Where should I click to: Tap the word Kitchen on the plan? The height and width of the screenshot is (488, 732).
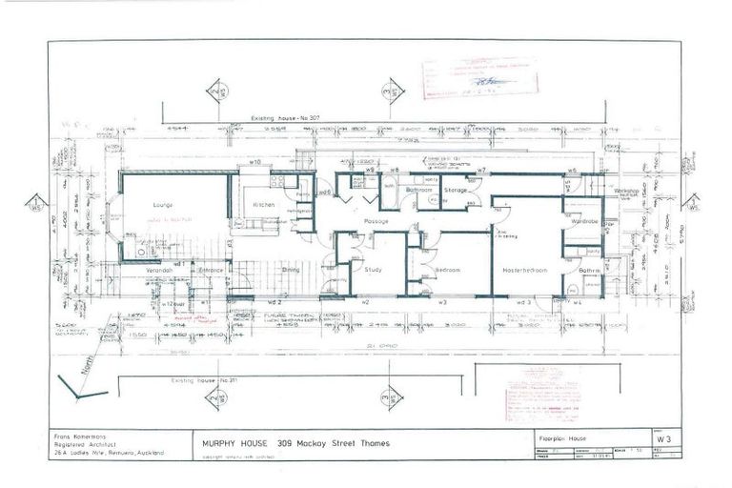click(x=263, y=205)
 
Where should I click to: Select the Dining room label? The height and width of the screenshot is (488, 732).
click(x=290, y=270)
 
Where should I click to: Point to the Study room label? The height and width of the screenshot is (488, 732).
click(x=374, y=270)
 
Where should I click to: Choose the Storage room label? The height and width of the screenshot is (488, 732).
click(x=455, y=191)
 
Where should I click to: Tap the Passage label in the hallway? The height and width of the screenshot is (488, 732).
click(x=375, y=221)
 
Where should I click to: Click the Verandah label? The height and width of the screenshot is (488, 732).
click(x=158, y=270)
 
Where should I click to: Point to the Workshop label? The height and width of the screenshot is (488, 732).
click(x=626, y=191)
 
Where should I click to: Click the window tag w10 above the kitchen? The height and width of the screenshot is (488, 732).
click(x=255, y=163)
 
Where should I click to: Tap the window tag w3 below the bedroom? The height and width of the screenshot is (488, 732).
click(x=443, y=302)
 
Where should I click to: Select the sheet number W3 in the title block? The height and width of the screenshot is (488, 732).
click(x=675, y=439)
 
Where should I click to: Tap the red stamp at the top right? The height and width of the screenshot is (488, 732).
click(x=478, y=76)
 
